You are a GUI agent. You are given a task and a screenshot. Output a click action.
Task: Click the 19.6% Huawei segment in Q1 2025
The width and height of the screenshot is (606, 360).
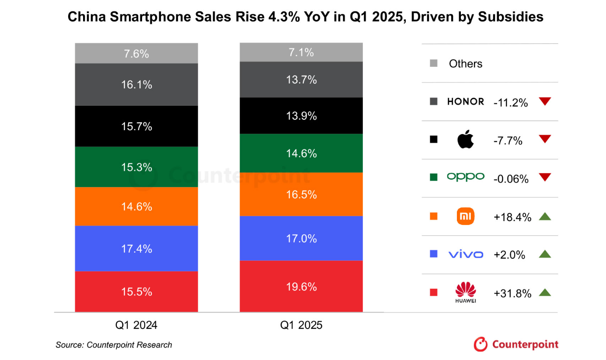coord(301,286)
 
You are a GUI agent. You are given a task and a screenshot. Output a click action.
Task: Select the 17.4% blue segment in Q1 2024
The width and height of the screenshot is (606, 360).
coord(136,248)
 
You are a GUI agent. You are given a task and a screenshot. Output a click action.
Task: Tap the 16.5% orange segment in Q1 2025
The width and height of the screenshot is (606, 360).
coord(301,194)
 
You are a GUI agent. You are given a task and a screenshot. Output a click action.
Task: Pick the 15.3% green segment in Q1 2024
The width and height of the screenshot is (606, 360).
coord(136,167)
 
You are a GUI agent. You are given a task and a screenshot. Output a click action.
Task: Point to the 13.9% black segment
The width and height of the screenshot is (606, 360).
coord(301,116)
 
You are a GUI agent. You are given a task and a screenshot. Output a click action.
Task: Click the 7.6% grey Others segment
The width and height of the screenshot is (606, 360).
coord(136,54)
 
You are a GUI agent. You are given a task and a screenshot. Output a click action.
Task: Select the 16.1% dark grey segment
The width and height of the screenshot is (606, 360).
coord(136,85)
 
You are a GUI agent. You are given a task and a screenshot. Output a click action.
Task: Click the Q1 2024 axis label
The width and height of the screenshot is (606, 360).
coord(136,325)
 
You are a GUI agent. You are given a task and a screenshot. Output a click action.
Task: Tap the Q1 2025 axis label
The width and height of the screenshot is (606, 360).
coord(301,325)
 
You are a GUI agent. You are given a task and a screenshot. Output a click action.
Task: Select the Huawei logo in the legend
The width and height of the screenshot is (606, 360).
coord(465,292)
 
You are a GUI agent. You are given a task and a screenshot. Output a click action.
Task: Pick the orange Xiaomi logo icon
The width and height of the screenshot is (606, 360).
coord(465,216)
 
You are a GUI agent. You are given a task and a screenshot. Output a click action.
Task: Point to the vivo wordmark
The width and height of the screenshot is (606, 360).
coord(465,254)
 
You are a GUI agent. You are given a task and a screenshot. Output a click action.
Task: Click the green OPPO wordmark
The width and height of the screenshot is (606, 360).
coord(465,177)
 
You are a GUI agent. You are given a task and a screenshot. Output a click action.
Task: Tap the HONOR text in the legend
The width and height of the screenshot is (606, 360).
coord(465,102)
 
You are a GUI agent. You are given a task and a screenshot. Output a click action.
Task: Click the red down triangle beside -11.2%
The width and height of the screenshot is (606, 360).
coord(544,102)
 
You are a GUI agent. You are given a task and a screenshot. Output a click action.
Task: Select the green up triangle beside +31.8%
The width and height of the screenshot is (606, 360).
coord(544,292)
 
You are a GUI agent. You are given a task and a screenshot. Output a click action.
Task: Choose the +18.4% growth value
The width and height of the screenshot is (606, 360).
coord(512,217)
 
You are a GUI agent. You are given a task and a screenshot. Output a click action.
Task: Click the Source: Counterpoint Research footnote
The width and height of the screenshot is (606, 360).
coord(114,345)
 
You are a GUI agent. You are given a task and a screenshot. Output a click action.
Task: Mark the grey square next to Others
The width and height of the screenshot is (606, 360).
coord(434,64)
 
